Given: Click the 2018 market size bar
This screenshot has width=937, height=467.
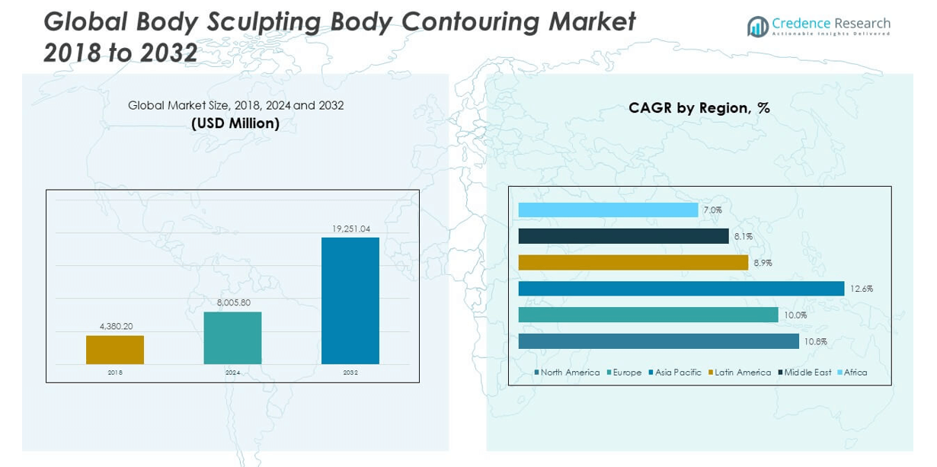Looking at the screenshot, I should (115, 350).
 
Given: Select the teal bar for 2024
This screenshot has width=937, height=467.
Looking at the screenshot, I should (232, 337).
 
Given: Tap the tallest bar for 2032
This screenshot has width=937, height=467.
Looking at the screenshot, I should (350, 300).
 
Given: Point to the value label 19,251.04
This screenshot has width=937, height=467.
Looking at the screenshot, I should (350, 229).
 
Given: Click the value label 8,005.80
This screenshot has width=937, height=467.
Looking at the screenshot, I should (232, 302).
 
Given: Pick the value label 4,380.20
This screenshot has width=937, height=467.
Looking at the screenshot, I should (115, 326).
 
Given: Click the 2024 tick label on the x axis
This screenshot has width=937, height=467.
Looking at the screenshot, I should (232, 373).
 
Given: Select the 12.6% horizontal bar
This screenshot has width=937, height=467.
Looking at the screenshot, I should (681, 289).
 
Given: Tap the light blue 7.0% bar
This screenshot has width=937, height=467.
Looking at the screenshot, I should (608, 210).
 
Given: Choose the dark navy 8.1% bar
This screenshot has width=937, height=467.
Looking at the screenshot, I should (623, 236).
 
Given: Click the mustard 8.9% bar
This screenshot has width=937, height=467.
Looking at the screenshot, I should (633, 263).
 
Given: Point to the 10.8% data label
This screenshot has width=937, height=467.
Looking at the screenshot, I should (815, 342).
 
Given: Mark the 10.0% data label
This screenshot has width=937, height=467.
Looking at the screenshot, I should (795, 315).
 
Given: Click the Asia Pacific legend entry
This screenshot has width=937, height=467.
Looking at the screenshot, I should (677, 373).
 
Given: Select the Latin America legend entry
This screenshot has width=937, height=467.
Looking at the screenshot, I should (742, 373).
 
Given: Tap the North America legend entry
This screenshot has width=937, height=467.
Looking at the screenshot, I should (569, 373).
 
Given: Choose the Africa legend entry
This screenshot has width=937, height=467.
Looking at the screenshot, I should (855, 373).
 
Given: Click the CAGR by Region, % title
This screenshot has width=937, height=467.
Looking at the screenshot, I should (699, 108).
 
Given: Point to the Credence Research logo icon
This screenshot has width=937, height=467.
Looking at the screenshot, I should (757, 27).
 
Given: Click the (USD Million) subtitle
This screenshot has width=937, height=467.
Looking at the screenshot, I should (235, 123).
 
